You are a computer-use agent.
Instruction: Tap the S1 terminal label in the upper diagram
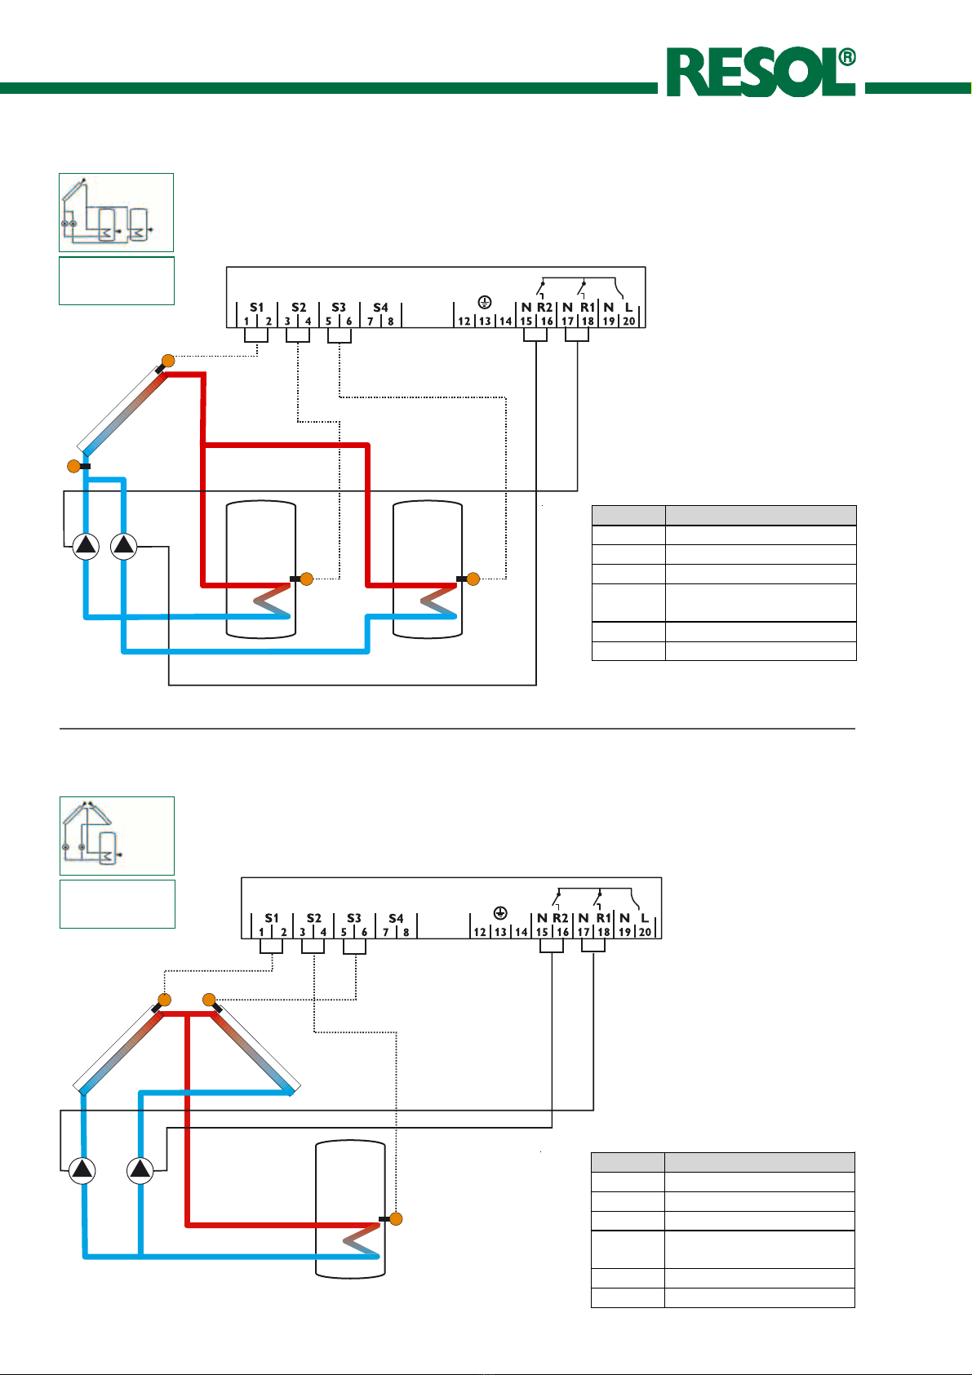click(257, 308)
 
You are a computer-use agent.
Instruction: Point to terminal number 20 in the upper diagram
click(628, 322)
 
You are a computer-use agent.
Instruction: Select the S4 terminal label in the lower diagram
click(396, 918)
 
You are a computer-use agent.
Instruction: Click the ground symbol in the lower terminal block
click(500, 914)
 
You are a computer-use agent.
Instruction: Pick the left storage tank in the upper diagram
click(260, 570)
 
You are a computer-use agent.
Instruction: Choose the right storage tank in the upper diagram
click(427, 570)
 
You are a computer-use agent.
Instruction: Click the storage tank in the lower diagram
click(350, 1208)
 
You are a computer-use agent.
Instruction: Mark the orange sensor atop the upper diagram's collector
click(168, 361)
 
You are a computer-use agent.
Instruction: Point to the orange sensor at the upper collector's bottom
click(73, 466)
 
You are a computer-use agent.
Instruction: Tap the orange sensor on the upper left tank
click(307, 579)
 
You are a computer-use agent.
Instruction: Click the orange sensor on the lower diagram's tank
click(396, 1219)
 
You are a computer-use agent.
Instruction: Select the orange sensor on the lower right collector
click(209, 1000)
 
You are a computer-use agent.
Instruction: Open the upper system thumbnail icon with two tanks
click(116, 212)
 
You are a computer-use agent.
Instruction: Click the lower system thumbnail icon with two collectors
click(117, 836)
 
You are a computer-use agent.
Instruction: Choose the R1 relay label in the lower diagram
click(603, 918)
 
